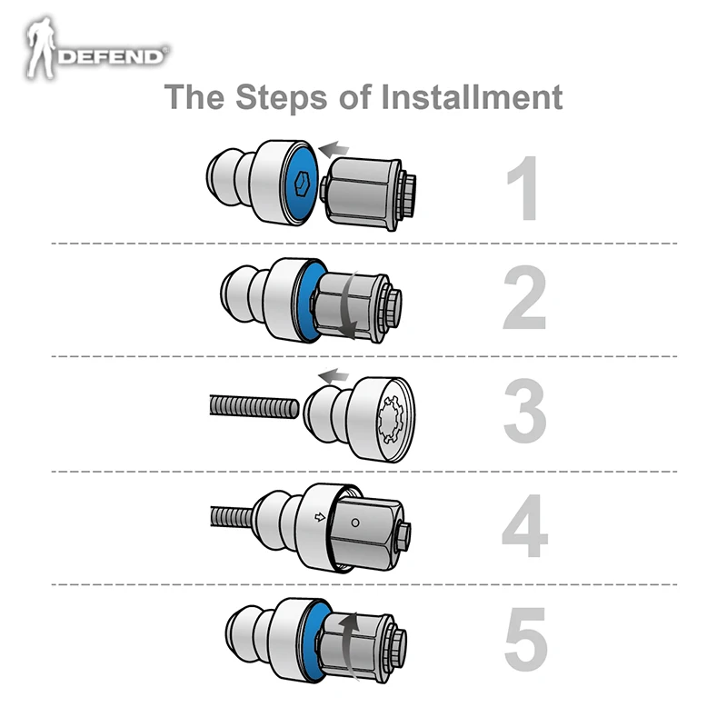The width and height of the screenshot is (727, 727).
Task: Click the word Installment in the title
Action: pos(472,96)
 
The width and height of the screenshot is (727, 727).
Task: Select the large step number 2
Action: pos(524,300)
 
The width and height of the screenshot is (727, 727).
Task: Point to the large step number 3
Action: pos(524,413)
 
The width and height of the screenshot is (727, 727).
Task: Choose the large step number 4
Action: pos(524,526)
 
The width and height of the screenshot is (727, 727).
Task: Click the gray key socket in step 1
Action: pos(363,192)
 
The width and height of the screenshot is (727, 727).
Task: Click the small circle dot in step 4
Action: pos(355,522)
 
